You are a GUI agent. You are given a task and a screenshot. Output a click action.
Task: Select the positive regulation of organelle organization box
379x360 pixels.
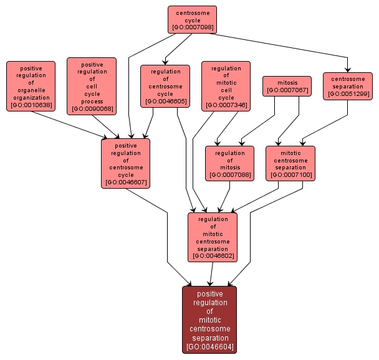click(x=31, y=86)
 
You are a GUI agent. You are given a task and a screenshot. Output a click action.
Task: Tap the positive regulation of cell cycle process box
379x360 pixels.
click(x=92, y=86)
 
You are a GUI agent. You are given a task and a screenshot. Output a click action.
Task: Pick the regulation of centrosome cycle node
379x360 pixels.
click(x=165, y=86)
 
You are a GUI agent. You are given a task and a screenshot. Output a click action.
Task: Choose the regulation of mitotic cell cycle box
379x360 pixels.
click(x=226, y=86)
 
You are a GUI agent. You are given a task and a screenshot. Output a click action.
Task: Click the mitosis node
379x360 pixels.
click(x=287, y=86)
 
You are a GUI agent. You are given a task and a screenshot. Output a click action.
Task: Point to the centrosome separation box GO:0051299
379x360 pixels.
click(x=348, y=86)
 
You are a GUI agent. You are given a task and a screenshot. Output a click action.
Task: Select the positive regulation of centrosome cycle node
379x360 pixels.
click(x=126, y=163)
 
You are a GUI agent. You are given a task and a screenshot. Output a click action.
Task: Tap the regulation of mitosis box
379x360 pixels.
click(x=230, y=163)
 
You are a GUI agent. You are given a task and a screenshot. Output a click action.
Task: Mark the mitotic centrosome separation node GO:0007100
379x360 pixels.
click(x=290, y=163)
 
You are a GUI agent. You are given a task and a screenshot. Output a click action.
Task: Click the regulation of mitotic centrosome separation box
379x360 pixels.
click(x=213, y=237)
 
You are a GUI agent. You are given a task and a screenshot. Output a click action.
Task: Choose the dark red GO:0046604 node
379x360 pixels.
click(x=209, y=320)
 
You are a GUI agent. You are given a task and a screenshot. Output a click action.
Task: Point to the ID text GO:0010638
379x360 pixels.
click(x=31, y=105)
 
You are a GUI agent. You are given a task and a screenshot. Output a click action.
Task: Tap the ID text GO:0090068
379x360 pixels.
click(x=92, y=109)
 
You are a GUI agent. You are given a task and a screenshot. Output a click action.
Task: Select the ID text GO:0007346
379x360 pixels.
click(x=226, y=105)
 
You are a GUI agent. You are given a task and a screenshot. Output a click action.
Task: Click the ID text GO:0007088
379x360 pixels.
click(x=230, y=175)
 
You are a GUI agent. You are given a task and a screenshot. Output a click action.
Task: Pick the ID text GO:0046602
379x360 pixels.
click(x=213, y=255)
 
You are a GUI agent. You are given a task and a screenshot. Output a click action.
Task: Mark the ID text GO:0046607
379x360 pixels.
click(x=126, y=182)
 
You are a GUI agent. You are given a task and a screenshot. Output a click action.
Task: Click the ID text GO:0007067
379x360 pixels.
click(x=287, y=90)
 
